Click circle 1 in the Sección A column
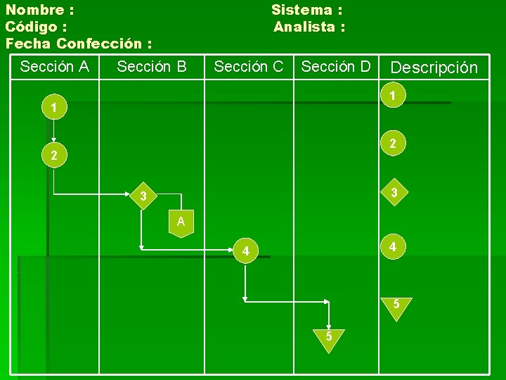54,109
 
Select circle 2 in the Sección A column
54,156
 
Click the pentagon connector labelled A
181,223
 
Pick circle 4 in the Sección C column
245,251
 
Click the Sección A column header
55,67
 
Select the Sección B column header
152,67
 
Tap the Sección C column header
249,67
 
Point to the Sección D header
336,67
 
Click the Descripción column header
434,68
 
